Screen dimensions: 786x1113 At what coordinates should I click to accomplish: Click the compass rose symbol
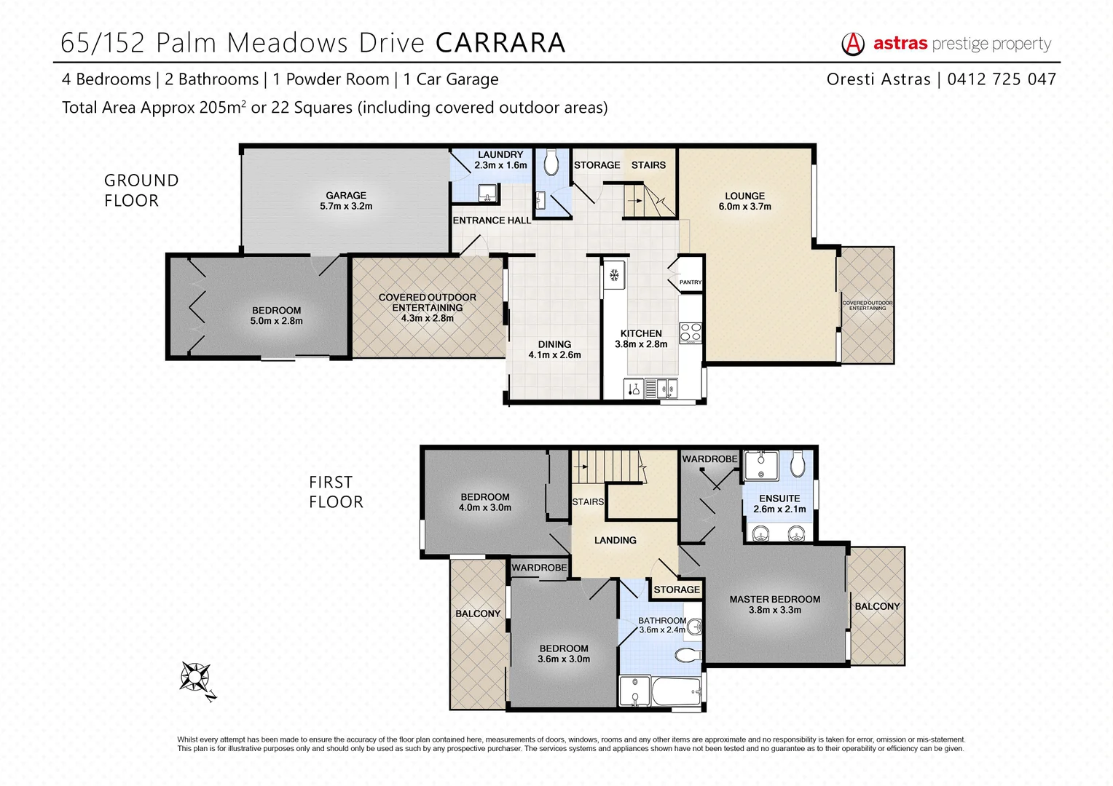tap(196, 678)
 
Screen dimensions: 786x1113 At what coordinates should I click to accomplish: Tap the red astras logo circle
tap(852, 44)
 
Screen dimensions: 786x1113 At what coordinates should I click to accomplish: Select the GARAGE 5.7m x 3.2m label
tap(346, 201)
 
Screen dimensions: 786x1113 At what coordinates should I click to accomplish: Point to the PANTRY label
tap(690, 282)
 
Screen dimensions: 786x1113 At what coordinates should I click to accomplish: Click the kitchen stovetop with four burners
tap(690, 333)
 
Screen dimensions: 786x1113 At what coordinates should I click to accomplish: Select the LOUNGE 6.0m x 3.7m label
tap(744, 202)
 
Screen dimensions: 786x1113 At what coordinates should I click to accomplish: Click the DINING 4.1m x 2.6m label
tap(554, 349)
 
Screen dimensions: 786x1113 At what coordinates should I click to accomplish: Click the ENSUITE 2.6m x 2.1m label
tap(779, 504)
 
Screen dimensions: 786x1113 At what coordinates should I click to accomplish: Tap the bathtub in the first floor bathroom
tap(675, 691)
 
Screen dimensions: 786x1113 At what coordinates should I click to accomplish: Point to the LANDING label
tap(615, 540)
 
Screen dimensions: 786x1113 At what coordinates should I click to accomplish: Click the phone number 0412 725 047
tap(1002, 79)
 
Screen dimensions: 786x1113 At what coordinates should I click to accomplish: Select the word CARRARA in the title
tap(500, 43)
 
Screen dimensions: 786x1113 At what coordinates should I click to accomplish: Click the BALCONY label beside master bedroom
tap(877, 606)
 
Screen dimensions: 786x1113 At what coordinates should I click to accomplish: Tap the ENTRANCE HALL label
tap(492, 221)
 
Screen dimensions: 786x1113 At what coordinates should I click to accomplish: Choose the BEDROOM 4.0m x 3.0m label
tap(485, 502)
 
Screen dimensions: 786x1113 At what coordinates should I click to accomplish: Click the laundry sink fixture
tap(487, 193)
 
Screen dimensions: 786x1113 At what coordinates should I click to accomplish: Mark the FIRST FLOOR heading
tap(336, 492)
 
